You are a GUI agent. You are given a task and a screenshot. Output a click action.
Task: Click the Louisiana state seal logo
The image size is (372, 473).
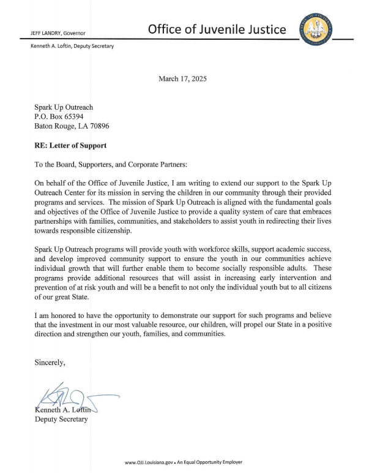[318, 29]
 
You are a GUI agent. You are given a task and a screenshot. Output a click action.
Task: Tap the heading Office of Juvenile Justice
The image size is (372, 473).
[217, 29]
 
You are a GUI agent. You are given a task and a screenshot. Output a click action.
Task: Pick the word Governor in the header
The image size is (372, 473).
[73, 33]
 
